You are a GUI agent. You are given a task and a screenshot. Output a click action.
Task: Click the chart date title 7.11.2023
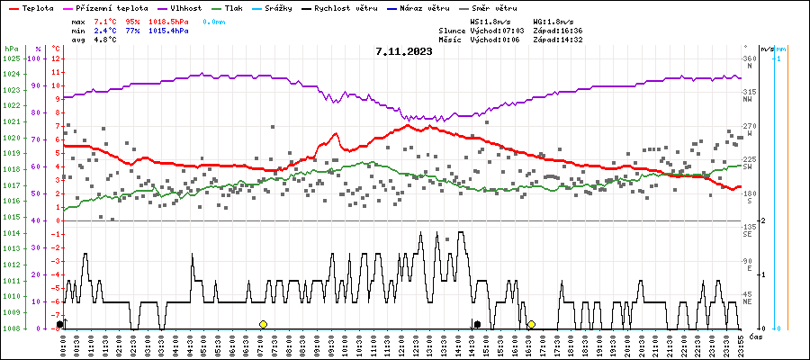pos(404,51)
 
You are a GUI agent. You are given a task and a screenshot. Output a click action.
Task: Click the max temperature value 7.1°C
pos(105,20)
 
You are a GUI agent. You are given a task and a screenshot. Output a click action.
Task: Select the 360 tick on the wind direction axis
pos(748,58)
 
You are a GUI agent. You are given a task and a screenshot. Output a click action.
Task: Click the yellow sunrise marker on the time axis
pos(263,324)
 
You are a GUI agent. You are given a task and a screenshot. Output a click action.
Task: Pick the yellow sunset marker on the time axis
pos(531,324)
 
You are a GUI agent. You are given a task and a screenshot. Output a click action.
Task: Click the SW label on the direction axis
pos(747,166)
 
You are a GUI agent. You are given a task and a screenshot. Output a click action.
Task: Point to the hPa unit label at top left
pos(11,49)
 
